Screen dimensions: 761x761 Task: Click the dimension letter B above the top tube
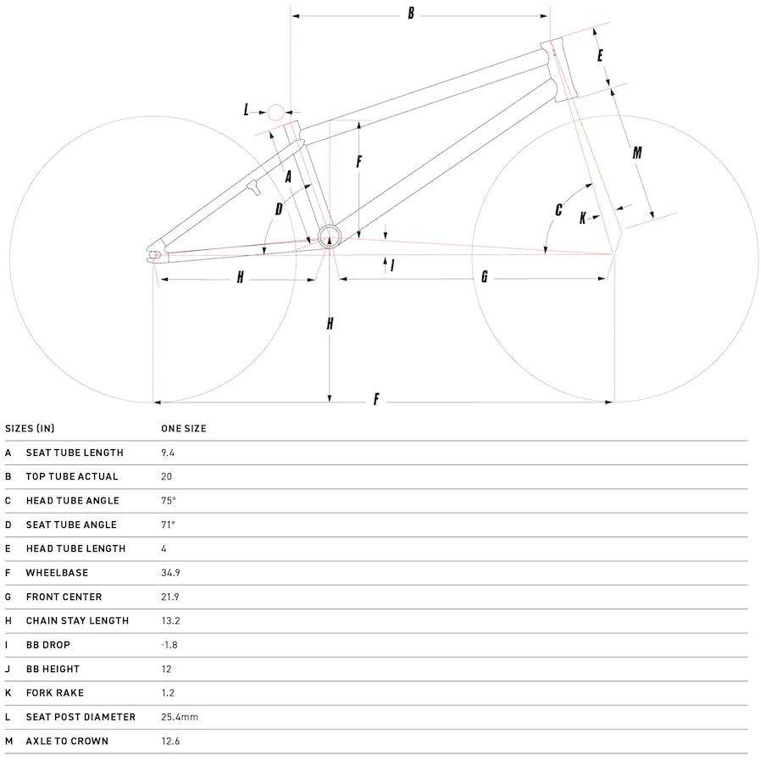(411, 13)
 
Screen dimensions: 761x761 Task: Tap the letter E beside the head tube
(600, 55)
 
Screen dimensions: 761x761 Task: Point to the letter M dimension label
(637, 153)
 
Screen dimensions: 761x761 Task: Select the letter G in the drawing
(485, 276)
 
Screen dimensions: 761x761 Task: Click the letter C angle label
(558, 209)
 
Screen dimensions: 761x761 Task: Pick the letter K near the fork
(583, 218)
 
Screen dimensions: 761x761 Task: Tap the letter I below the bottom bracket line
(392, 265)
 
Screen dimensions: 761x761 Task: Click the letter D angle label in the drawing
(279, 208)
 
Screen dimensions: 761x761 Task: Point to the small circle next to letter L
(275, 113)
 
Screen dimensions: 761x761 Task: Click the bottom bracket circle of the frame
(330, 237)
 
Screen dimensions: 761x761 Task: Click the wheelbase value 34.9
(170, 573)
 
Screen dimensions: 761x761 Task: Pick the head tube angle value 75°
(169, 500)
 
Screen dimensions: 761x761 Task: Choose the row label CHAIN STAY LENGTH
(77, 620)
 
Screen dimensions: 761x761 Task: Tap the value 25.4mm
(180, 717)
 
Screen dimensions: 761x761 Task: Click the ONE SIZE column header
(183, 429)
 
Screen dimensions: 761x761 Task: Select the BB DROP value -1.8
(169, 645)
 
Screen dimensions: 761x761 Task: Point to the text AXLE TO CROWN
(67, 742)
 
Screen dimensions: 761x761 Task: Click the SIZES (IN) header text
(30, 429)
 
